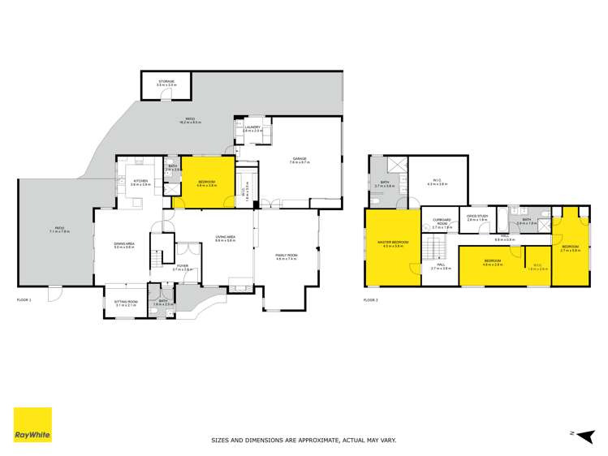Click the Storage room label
tap(166, 82)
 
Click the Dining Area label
tap(124, 244)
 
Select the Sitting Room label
tap(126, 303)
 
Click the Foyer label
tap(182, 267)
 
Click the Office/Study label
tap(476, 217)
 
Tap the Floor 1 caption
tap(24, 300)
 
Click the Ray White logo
tap(32, 424)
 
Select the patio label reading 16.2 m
tap(192, 121)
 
